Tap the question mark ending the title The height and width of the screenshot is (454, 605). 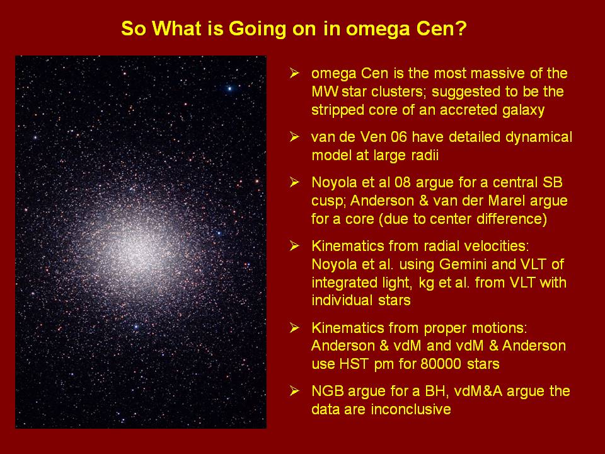[x=461, y=28]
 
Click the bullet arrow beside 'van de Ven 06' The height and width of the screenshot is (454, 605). [x=295, y=137]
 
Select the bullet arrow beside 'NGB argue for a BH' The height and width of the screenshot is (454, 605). [x=295, y=391]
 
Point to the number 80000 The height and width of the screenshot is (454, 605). [x=441, y=364]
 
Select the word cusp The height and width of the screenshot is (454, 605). [x=328, y=202]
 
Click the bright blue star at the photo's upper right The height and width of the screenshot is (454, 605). [x=230, y=89]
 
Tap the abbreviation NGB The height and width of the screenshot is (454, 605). [x=328, y=391]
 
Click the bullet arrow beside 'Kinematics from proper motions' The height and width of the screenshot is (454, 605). [x=295, y=327]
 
